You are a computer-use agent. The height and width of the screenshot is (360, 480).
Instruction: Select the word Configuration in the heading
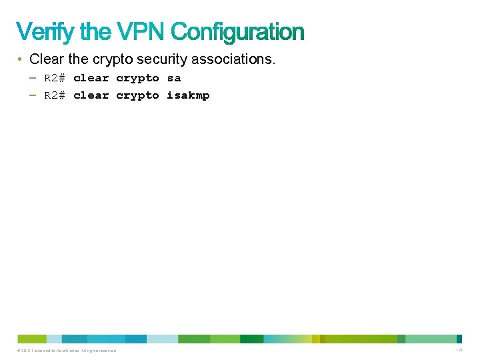(x=237, y=31)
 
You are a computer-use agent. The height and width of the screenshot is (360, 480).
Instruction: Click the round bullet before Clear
(x=21, y=59)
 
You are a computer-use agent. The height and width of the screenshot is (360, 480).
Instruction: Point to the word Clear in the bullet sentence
(x=46, y=59)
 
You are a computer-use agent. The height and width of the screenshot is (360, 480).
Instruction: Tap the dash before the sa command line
(x=33, y=78)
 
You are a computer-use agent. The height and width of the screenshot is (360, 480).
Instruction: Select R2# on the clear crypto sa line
(x=55, y=78)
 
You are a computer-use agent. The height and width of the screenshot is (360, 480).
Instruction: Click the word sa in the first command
(x=174, y=78)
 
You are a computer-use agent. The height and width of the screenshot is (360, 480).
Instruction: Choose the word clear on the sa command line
(x=91, y=78)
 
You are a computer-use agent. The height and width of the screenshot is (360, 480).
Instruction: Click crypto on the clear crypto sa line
(x=137, y=78)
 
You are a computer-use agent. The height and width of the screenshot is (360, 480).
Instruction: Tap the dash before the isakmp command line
(x=33, y=95)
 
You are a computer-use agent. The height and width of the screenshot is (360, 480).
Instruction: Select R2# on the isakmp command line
(x=55, y=95)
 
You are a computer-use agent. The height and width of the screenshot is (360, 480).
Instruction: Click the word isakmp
(x=188, y=95)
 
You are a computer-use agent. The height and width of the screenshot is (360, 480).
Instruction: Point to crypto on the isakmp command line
(x=137, y=95)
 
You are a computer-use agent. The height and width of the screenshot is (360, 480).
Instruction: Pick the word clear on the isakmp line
(x=91, y=95)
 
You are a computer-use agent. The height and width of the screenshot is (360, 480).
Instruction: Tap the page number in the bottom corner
(x=459, y=351)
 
